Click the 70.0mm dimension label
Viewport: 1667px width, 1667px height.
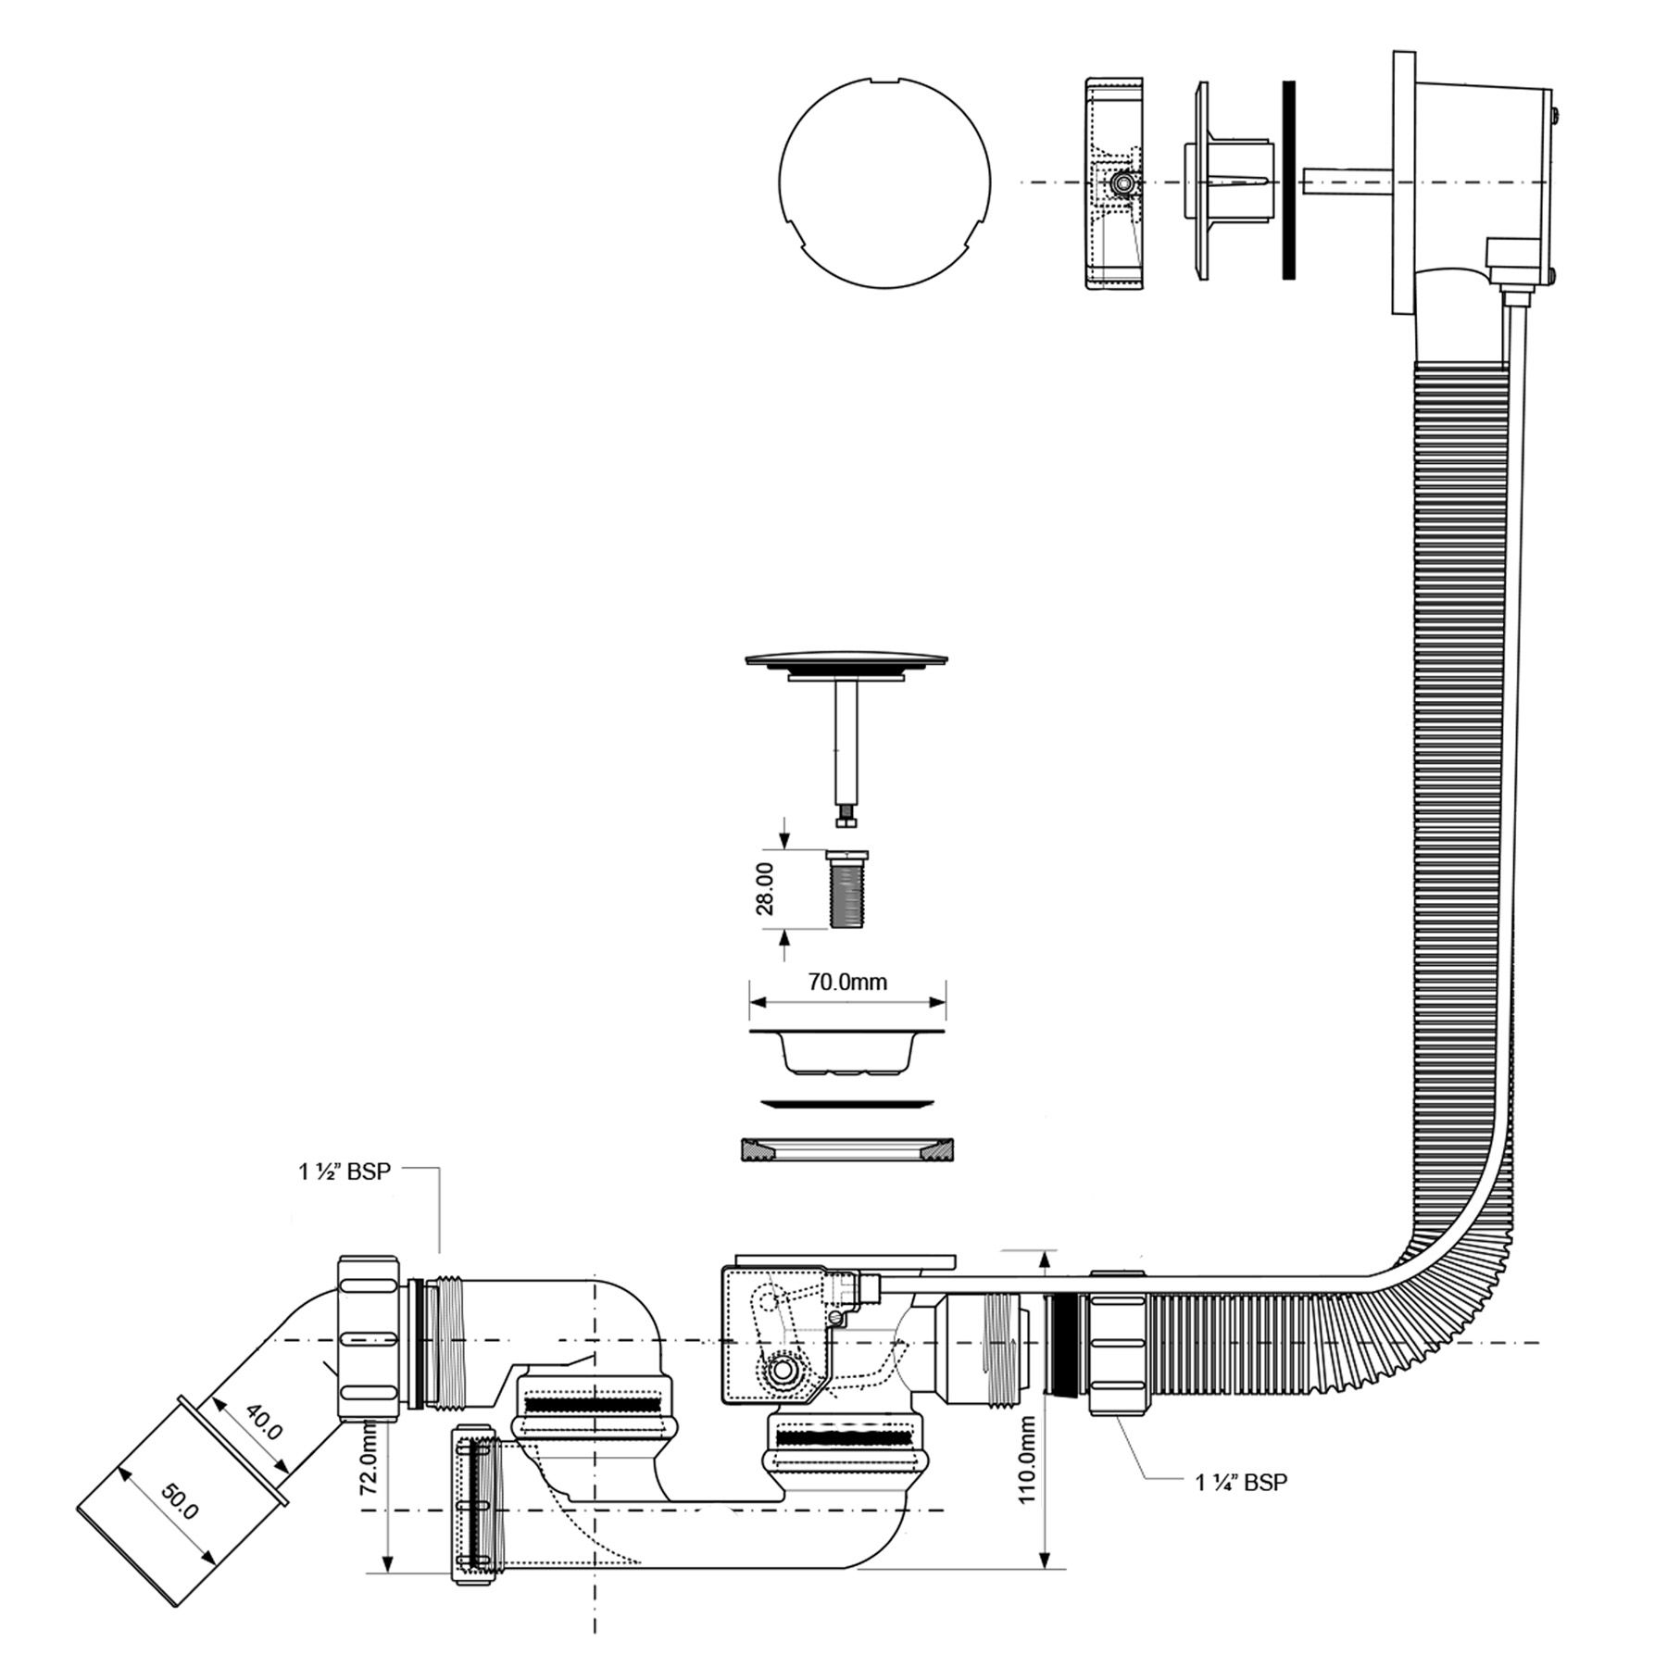coord(847,982)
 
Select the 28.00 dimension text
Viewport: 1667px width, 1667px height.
coord(766,889)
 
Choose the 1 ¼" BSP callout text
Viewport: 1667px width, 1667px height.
coord(1241,1483)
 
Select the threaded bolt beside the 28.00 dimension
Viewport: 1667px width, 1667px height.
coord(847,888)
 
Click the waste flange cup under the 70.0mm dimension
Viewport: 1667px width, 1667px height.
coord(847,1050)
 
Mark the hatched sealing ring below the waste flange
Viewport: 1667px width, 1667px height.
coord(847,1149)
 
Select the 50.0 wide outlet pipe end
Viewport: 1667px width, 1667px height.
coord(183,1498)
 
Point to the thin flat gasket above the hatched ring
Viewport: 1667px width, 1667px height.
coord(847,1103)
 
